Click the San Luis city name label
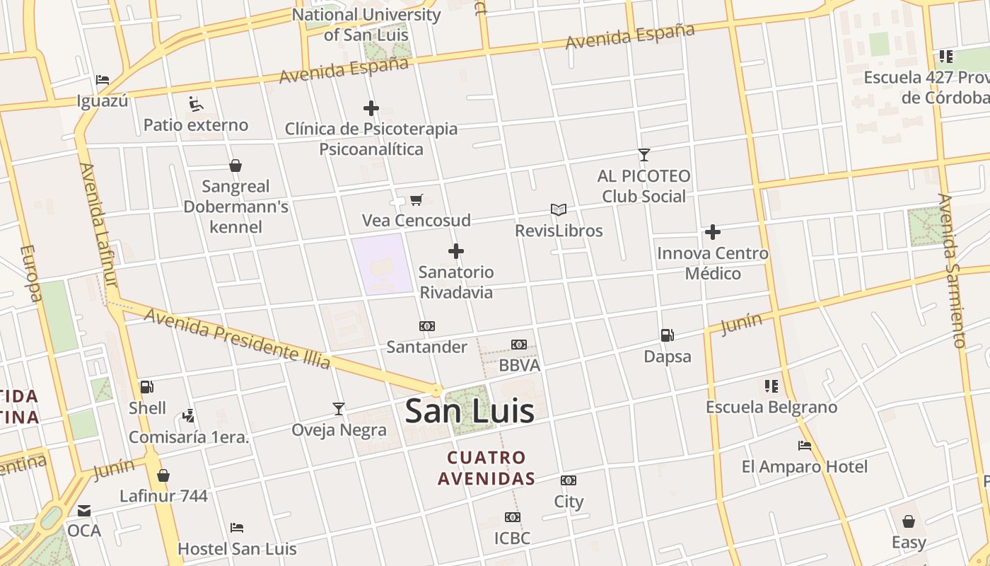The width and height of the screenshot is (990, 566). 470,411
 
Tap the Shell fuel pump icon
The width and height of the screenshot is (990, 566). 146,387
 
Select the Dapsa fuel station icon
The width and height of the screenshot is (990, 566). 667,335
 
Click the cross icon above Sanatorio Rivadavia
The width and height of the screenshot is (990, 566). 456,251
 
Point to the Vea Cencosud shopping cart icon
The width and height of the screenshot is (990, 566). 417,200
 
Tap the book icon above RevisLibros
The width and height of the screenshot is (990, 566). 559,210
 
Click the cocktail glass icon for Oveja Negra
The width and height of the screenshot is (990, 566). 339,409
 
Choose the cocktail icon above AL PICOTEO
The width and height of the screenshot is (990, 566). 643,155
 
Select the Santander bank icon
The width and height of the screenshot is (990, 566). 427,326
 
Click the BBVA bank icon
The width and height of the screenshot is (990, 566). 519,345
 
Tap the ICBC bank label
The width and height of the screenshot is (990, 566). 513,538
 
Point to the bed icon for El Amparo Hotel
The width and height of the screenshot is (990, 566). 804,446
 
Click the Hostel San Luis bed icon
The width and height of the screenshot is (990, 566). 237,528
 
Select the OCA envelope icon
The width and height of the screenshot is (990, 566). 84,510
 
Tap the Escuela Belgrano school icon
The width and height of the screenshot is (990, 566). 771,386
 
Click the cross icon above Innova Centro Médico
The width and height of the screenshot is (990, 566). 713,232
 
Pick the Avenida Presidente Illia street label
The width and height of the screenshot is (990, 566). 237,338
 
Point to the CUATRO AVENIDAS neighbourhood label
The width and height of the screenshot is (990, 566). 486,468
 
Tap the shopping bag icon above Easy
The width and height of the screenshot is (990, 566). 909,521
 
